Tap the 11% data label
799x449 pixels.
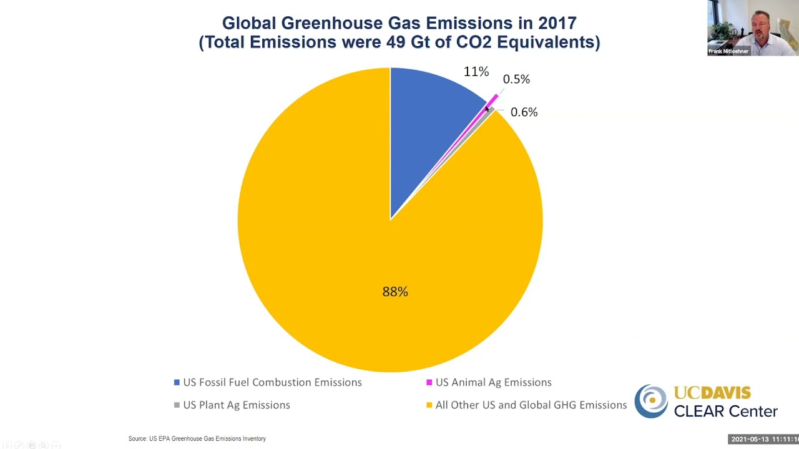coord(476,72)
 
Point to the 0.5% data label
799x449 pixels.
coord(516,79)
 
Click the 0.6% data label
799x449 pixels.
coord(524,112)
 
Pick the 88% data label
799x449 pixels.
coord(395,291)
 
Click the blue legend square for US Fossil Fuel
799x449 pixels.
coord(177,382)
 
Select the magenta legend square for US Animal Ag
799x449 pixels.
coord(429,382)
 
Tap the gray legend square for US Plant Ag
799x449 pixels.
coord(177,405)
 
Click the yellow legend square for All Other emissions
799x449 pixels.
coord(429,405)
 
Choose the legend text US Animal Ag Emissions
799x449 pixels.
coord(493,382)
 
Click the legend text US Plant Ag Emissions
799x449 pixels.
coord(236,405)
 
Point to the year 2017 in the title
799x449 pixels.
coord(555,23)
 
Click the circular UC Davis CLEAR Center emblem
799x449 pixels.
coord(651,401)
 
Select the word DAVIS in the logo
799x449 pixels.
coord(725,393)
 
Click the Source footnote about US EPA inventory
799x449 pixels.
coord(197,439)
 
